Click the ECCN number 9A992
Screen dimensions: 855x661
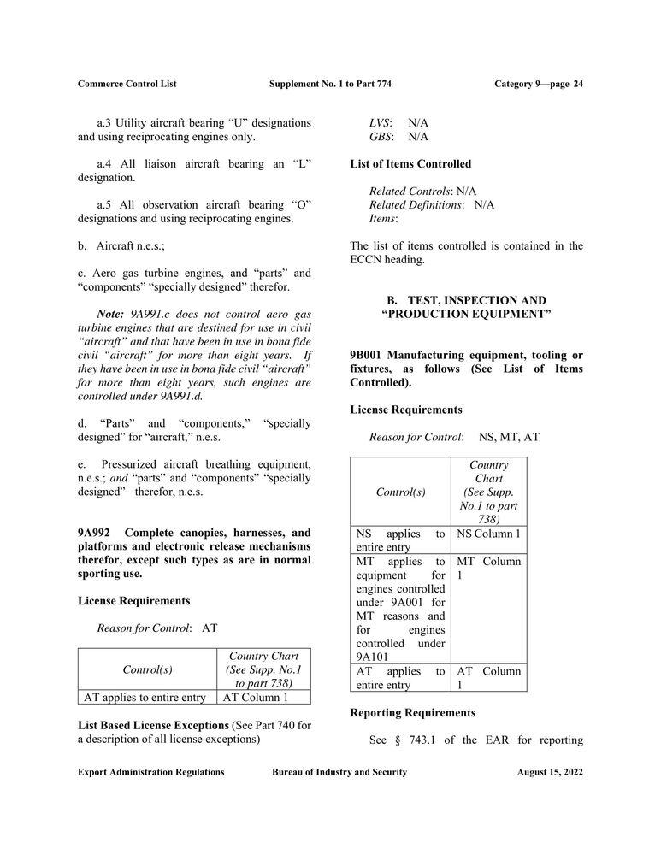[x=95, y=533]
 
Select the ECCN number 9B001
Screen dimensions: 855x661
[x=368, y=355]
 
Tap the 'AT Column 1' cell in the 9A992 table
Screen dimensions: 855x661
[x=256, y=697]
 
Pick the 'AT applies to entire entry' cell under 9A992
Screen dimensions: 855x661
[x=145, y=697]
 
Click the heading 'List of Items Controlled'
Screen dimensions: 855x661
[x=410, y=163]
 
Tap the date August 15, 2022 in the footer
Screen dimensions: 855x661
[x=550, y=772]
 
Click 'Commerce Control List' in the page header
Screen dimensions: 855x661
[x=127, y=84]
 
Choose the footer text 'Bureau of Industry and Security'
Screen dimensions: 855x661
[x=339, y=772]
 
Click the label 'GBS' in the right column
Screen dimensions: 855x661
[x=380, y=137]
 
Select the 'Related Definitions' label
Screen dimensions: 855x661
[x=416, y=205]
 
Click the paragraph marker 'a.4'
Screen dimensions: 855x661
[x=105, y=164]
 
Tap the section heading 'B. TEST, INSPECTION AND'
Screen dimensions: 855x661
[x=466, y=300]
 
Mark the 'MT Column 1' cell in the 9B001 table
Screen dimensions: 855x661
[x=489, y=569]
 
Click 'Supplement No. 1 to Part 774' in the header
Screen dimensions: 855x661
[x=330, y=84]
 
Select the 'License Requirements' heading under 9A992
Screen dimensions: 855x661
[x=133, y=601]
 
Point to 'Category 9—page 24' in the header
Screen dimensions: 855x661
[x=539, y=84]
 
